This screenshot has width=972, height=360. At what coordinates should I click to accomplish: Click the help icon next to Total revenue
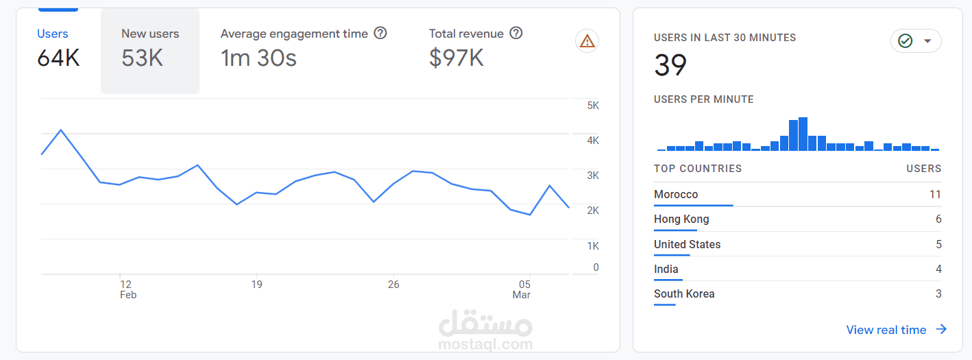(516, 33)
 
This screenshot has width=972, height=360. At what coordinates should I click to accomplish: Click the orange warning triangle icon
(587, 41)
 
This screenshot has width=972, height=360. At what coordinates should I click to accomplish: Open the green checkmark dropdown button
(916, 41)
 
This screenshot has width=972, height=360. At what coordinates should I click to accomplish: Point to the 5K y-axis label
(593, 106)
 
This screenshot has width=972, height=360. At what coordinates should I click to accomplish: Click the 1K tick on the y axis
(593, 245)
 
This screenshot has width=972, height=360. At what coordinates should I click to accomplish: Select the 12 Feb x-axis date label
(127, 289)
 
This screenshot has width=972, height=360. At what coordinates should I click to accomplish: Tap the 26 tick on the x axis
(393, 284)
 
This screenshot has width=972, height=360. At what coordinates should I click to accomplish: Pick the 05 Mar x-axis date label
(522, 289)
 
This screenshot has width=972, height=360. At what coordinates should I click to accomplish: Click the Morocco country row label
(676, 195)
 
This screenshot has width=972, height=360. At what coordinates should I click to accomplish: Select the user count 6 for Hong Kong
(938, 219)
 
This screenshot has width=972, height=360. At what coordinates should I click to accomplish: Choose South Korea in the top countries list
(684, 294)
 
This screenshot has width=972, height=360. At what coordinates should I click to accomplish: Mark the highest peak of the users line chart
(61, 130)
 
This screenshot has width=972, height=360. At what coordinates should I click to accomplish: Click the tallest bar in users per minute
(803, 134)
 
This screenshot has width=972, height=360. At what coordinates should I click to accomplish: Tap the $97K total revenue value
(456, 58)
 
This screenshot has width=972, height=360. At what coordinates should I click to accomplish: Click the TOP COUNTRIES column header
(698, 169)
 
